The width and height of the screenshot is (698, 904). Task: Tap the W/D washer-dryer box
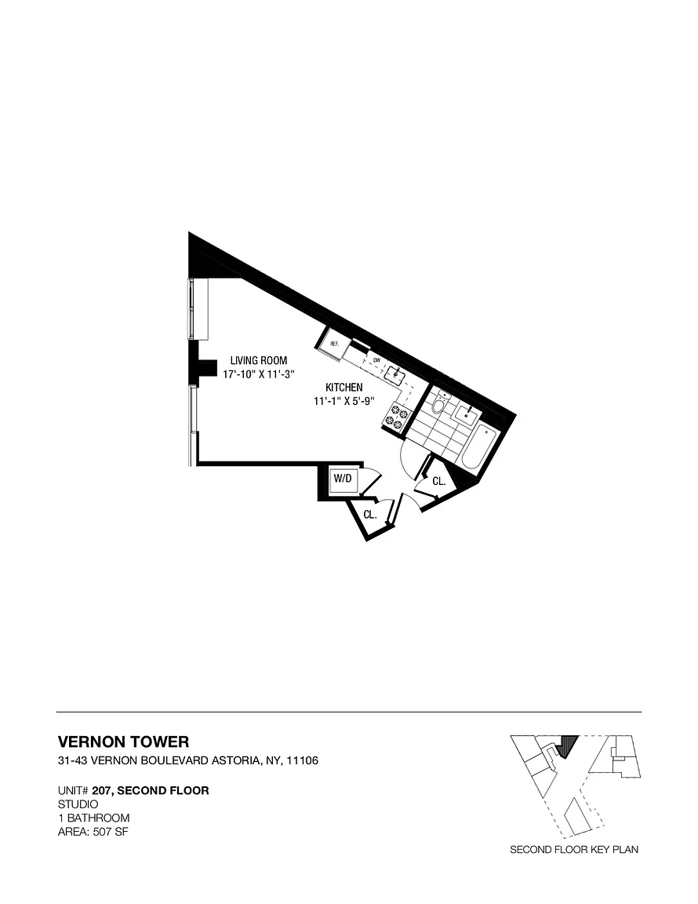pos(342,479)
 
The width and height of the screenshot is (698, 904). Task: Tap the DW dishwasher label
pos(376,360)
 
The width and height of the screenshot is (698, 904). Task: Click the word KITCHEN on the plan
pos(344,388)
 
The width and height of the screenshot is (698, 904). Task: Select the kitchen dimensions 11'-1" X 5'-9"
pos(344,402)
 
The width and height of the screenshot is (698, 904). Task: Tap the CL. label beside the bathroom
pos(439,482)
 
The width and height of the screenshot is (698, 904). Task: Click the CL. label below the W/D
pos(370,515)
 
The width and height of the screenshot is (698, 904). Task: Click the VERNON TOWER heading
pos(124,742)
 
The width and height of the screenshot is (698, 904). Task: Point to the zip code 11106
pos(301,761)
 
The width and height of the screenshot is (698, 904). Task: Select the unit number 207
pos(102,790)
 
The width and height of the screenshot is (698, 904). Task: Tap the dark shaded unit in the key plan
pos(570,743)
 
